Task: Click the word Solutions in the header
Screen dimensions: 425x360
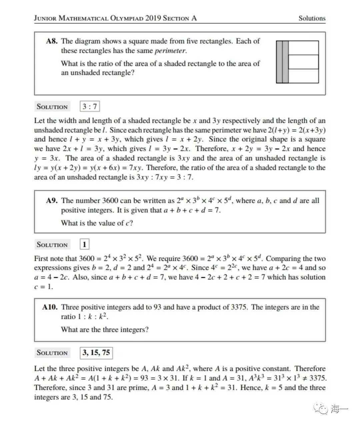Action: coord(312,18)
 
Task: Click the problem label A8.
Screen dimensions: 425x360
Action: coord(52,41)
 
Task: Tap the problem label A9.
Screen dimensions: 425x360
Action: coord(52,201)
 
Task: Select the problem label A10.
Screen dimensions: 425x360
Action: coord(50,307)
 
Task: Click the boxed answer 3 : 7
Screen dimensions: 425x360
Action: coord(90,107)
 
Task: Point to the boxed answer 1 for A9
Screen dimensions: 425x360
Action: coord(85,245)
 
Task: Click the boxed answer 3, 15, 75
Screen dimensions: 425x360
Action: coord(96,353)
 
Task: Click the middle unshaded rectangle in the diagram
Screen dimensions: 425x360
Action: coord(303,62)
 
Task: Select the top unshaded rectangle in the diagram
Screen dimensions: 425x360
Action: coord(303,48)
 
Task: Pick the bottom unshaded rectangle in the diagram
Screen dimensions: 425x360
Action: coord(303,76)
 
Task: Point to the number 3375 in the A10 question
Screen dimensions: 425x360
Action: coord(239,307)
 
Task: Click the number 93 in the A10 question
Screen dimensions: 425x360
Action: coord(157,307)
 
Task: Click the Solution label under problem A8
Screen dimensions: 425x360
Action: coord(52,107)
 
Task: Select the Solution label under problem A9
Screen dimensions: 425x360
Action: coord(52,245)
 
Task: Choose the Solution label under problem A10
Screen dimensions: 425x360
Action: coord(52,353)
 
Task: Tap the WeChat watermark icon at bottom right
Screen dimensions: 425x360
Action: coord(323,409)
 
